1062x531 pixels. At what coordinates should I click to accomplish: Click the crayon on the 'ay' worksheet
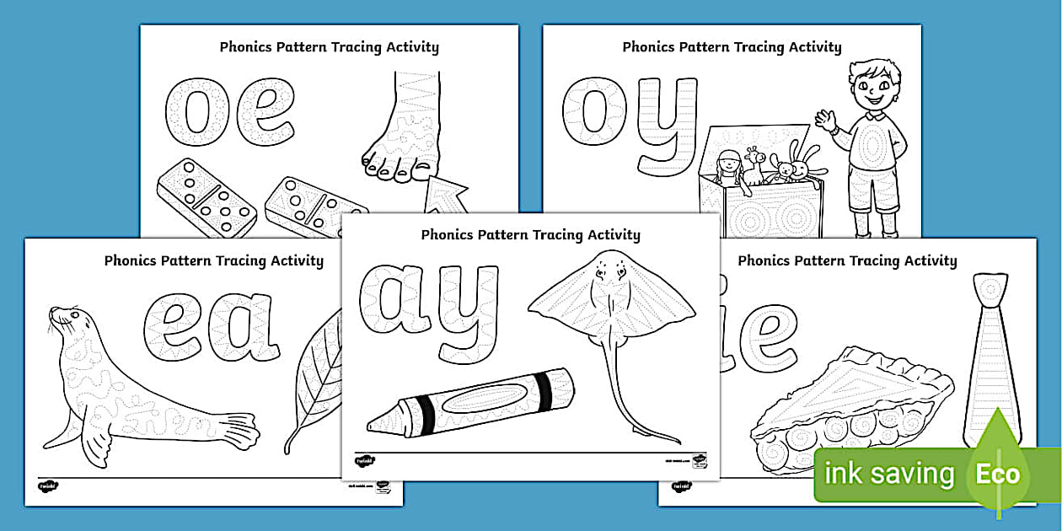(x=472, y=403)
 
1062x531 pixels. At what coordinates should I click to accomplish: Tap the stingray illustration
(x=606, y=303)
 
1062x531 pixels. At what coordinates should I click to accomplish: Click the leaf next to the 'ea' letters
(x=316, y=379)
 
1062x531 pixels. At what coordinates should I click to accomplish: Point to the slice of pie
(x=851, y=405)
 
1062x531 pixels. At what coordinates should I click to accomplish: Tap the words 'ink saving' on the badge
(x=888, y=474)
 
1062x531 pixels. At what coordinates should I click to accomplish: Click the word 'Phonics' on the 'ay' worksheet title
(x=446, y=235)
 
